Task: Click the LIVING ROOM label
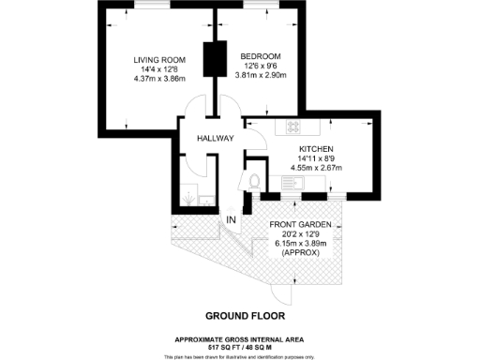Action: click(158, 60)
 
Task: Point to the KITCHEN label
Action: click(316, 149)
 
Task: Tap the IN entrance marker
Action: click(231, 219)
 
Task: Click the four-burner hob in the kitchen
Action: click(292, 127)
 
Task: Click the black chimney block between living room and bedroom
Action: click(211, 60)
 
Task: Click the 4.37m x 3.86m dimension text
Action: click(158, 79)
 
